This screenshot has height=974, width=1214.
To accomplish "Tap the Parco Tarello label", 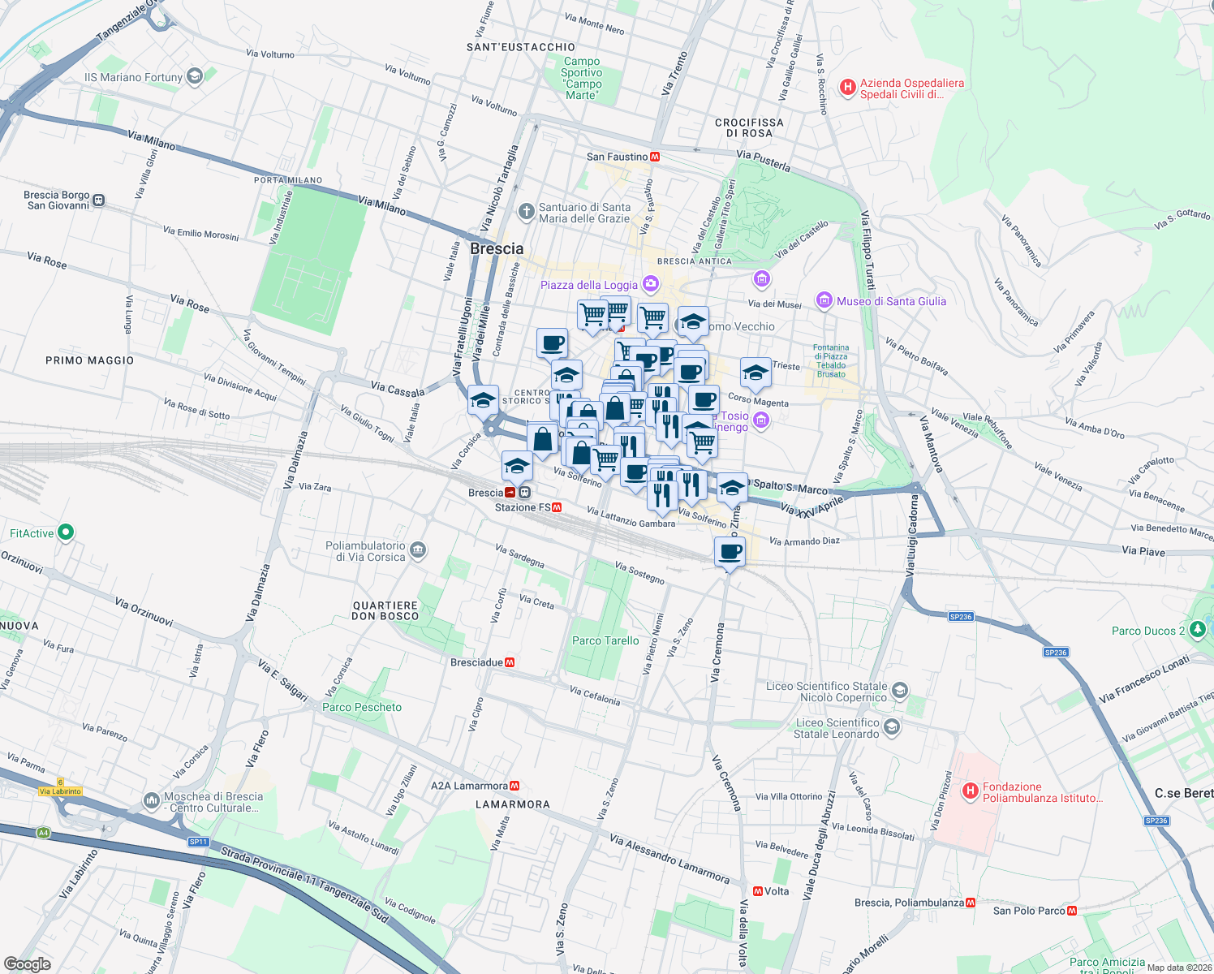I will pos(605,640).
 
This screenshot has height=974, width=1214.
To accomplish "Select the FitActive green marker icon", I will pos(66,532).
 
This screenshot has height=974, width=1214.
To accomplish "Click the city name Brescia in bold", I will pos(497,248).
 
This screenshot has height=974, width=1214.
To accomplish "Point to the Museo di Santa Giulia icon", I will pos(824,300).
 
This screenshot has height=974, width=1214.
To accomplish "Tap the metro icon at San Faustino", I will pos(655,157).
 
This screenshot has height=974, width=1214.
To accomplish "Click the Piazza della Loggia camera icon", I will pos(650,284).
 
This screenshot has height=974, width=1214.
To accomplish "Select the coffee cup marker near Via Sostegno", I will pos(730,552).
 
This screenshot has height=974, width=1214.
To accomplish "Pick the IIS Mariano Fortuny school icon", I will pos(194,77).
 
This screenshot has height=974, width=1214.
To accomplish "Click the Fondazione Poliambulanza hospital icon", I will pos(970,791).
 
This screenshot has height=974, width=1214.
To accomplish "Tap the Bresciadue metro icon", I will pos(510,662).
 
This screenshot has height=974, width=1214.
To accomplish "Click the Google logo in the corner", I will pos(27,963).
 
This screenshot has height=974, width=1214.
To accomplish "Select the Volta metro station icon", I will pos(757,891).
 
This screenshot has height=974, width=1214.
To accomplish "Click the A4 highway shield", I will pos(43,832).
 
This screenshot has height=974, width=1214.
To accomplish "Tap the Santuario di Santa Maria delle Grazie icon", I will pos(526,212).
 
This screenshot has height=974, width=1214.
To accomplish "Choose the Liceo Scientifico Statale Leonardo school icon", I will pos(892,727).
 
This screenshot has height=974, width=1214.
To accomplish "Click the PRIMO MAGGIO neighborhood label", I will pos(89,360).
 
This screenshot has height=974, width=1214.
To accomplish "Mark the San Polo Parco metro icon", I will pos(1072,911).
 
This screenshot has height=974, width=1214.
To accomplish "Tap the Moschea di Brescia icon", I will pos(152,801).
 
